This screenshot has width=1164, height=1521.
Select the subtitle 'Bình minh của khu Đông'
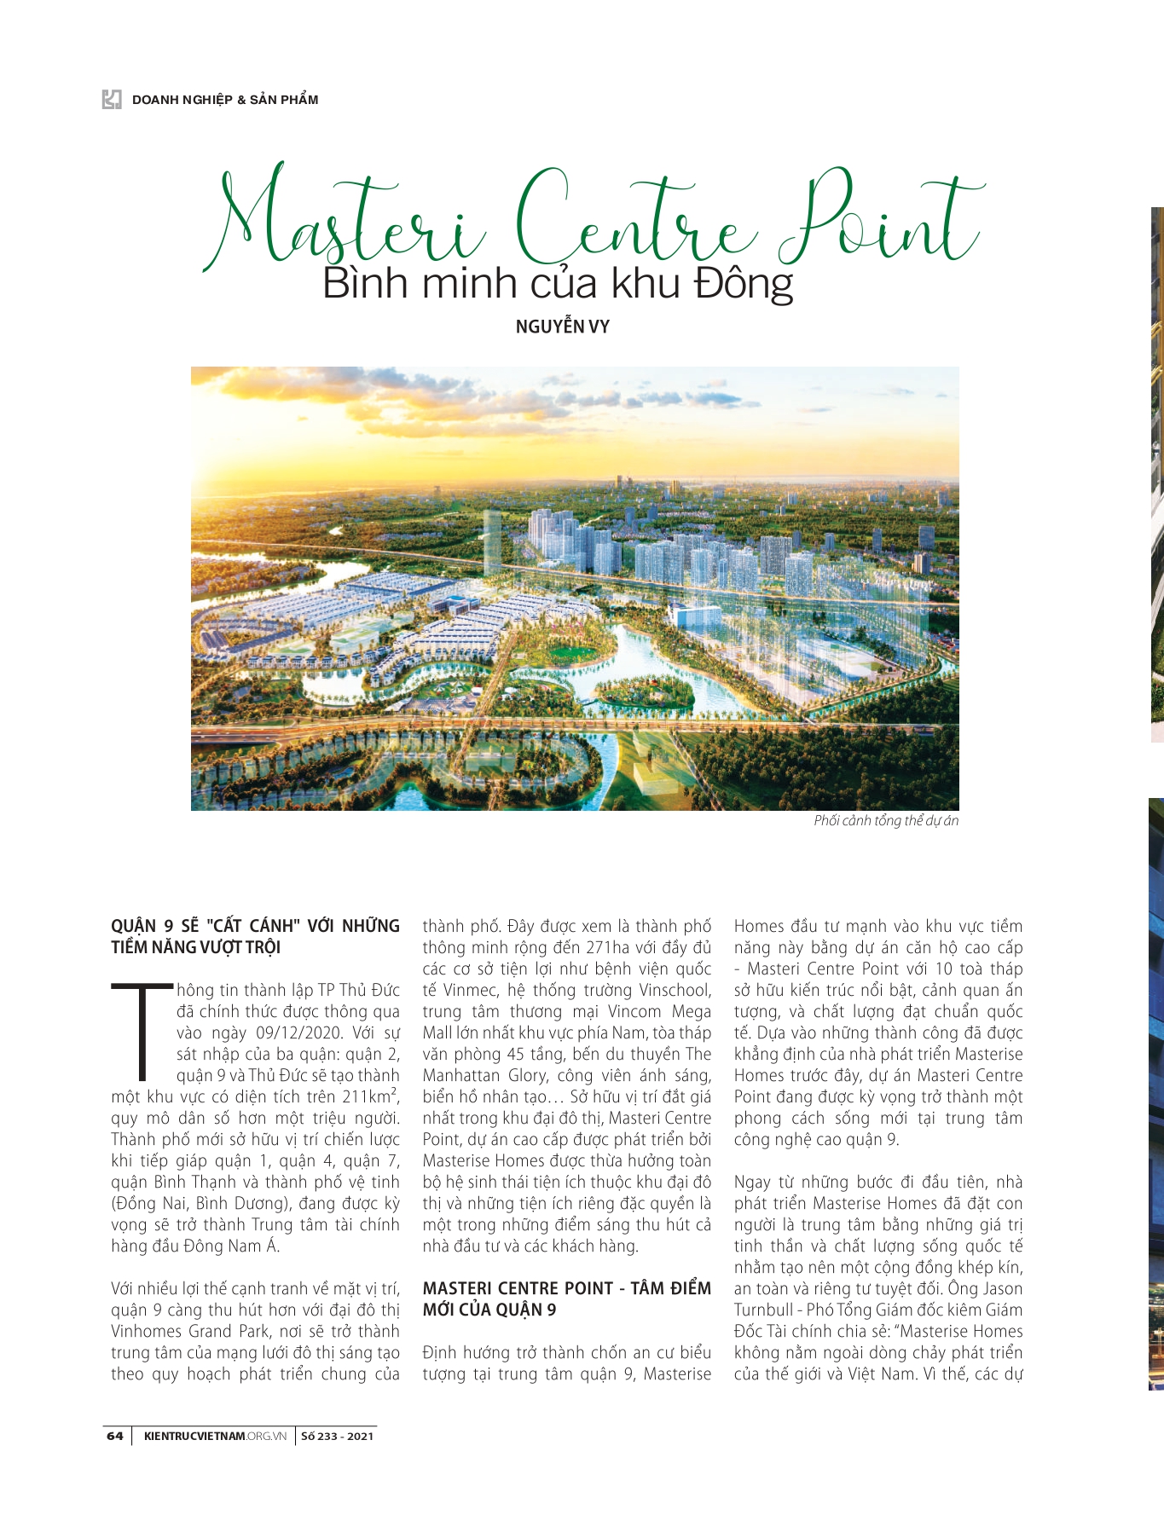pyautogui.click(x=558, y=284)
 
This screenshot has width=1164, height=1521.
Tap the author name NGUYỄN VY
pyautogui.click(x=562, y=327)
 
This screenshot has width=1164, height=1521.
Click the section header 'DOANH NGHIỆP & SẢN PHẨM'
pyautogui.click(x=225, y=100)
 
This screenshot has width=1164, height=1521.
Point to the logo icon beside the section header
pyautogui.click(x=112, y=100)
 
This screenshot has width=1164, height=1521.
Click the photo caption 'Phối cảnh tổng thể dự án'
pyautogui.click(x=886, y=821)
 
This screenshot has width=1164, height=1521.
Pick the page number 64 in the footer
pyautogui.click(x=115, y=1437)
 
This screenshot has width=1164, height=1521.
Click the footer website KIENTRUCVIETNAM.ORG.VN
pyautogui.click(x=215, y=1437)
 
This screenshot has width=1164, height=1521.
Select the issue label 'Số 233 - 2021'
pyautogui.click(x=337, y=1437)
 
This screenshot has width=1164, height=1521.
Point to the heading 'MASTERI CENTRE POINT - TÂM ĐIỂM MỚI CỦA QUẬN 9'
pyautogui.click(x=566, y=1299)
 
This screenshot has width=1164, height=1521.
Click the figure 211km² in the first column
pyautogui.click(x=371, y=1096)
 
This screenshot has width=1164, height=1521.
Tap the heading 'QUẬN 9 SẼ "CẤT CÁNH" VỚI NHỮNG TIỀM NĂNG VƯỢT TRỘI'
pyautogui.click(x=255, y=937)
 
